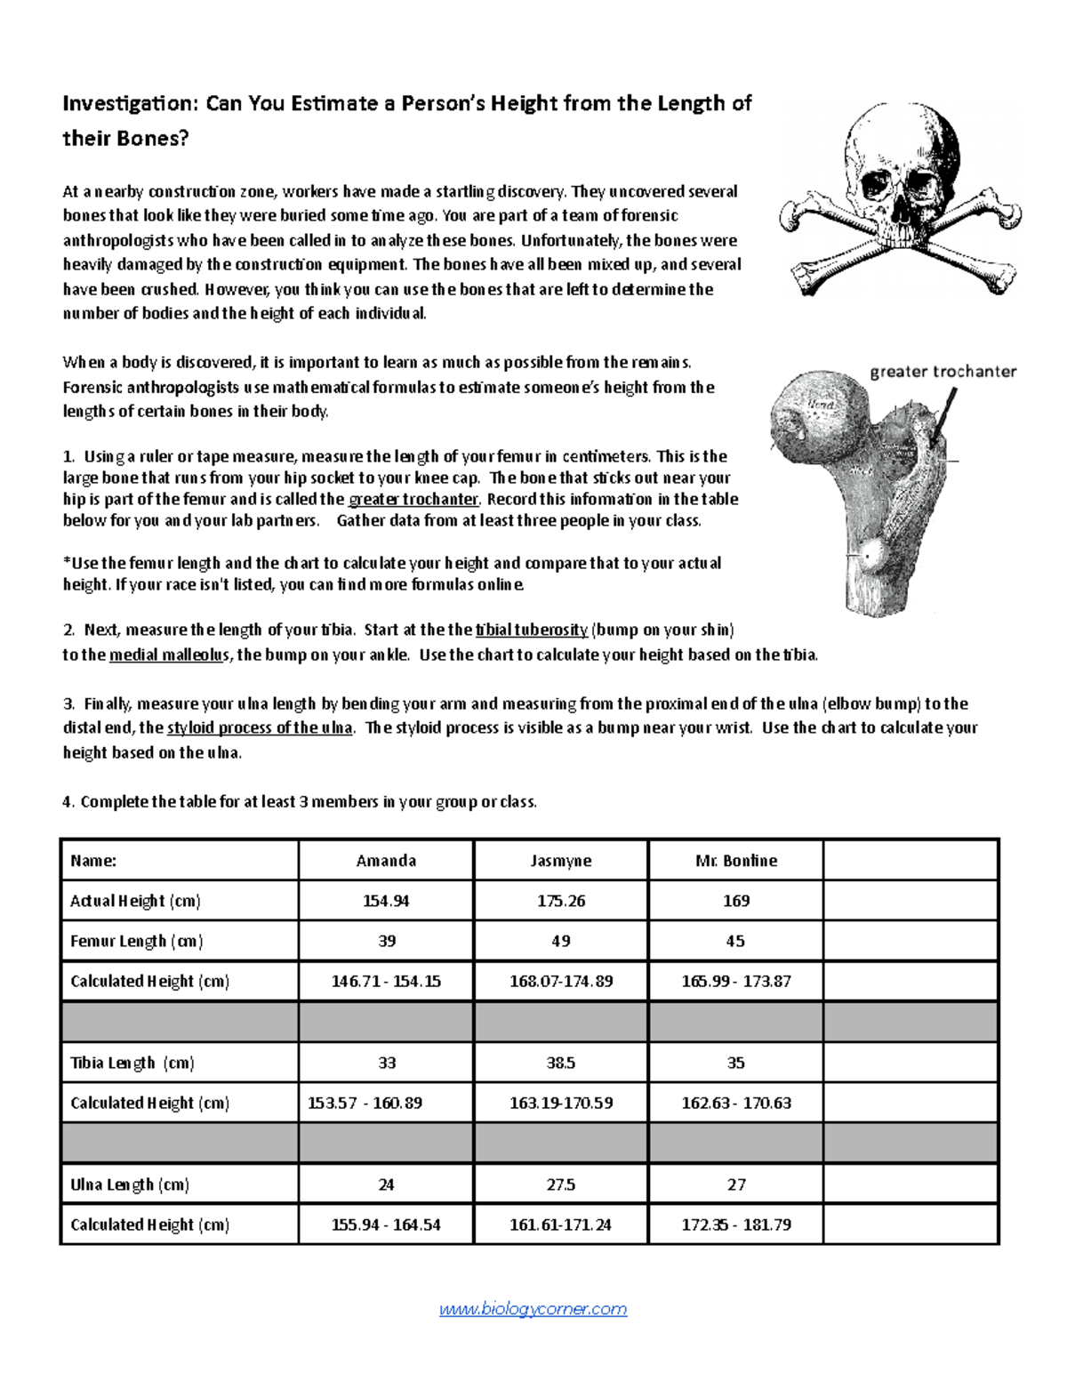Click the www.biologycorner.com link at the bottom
pyautogui.click(x=533, y=1309)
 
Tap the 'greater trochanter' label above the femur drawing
pyautogui.click(x=943, y=372)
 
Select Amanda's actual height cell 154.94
pyautogui.click(x=386, y=901)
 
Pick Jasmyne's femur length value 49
pyautogui.click(x=561, y=941)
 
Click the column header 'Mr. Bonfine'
pyautogui.click(x=736, y=861)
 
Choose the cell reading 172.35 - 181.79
pyautogui.click(x=736, y=1224)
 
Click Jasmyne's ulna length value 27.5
pyautogui.click(x=561, y=1184)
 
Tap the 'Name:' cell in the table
pyautogui.click(x=94, y=861)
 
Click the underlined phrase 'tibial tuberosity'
pyautogui.click(x=532, y=630)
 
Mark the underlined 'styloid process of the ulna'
pyautogui.click(x=260, y=728)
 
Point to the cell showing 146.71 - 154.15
pyautogui.click(x=386, y=982)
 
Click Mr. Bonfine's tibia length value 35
pyautogui.click(x=736, y=1063)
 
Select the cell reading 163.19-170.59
pyautogui.click(x=561, y=1104)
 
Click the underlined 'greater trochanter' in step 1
pyautogui.click(x=413, y=500)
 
